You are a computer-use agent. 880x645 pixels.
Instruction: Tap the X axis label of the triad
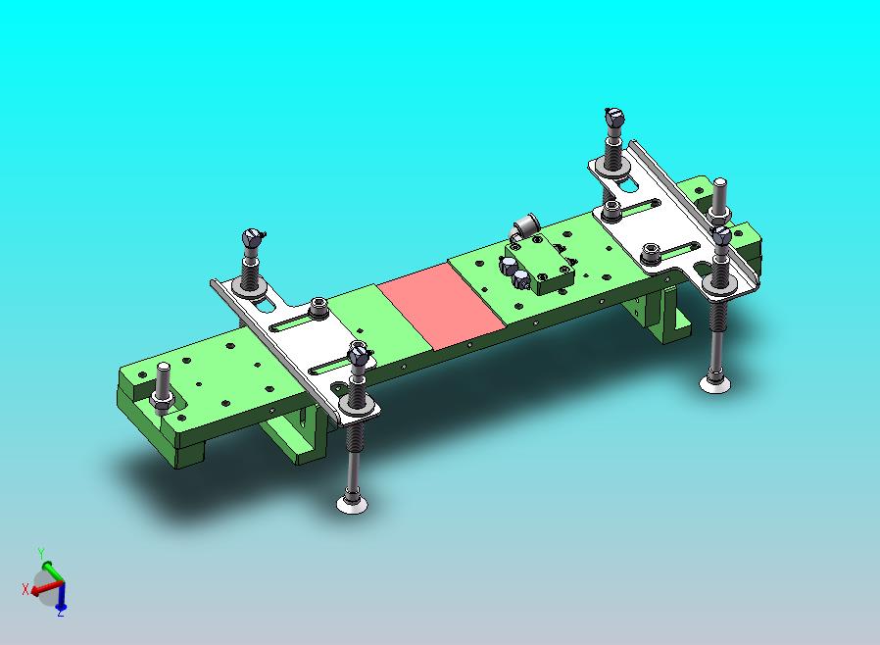25,589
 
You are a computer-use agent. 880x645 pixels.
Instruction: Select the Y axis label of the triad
41,553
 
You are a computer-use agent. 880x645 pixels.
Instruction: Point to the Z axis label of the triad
60,613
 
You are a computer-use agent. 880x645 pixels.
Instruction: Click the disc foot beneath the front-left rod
353,504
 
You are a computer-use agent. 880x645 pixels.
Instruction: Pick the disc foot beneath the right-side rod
715,384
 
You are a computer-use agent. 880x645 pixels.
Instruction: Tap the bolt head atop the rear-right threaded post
614,118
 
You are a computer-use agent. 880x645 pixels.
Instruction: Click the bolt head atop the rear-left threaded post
253,238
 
